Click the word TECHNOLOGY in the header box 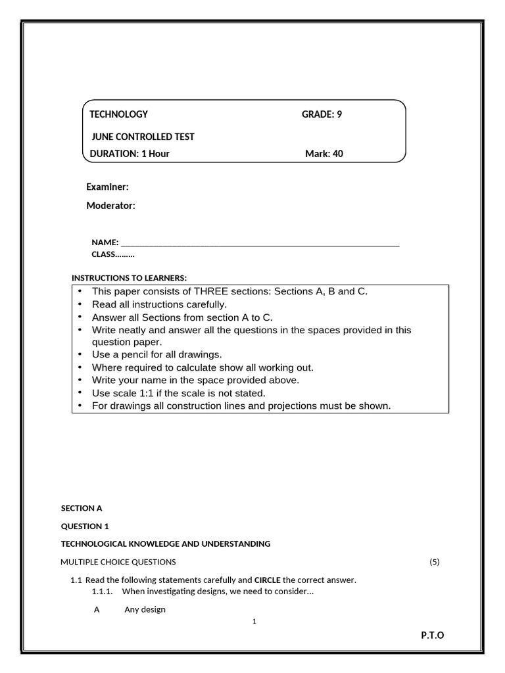[x=118, y=114]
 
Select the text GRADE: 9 [x=322, y=114]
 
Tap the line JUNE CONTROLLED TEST [x=143, y=137]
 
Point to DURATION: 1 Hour [x=130, y=154]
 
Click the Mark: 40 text [x=324, y=154]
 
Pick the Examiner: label [x=107, y=187]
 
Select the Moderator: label [x=110, y=206]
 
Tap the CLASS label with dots [x=112, y=254]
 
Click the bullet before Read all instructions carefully [x=80, y=304]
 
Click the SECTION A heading [x=82, y=508]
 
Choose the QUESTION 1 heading [x=85, y=526]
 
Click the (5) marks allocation [x=434, y=562]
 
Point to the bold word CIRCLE [x=267, y=580]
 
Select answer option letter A [x=97, y=609]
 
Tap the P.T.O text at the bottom [x=433, y=635]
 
